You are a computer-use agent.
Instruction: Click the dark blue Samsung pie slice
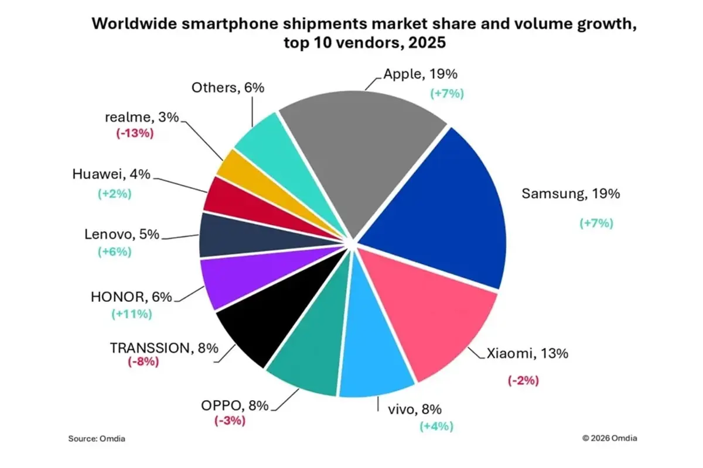(445, 211)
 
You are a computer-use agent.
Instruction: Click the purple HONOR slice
(234, 284)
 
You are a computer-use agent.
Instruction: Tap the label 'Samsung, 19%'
(570, 194)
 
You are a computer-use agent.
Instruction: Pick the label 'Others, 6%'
(228, 88)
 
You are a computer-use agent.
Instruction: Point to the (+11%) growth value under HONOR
(132, 314)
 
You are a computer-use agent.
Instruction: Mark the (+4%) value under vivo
(436, 426)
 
